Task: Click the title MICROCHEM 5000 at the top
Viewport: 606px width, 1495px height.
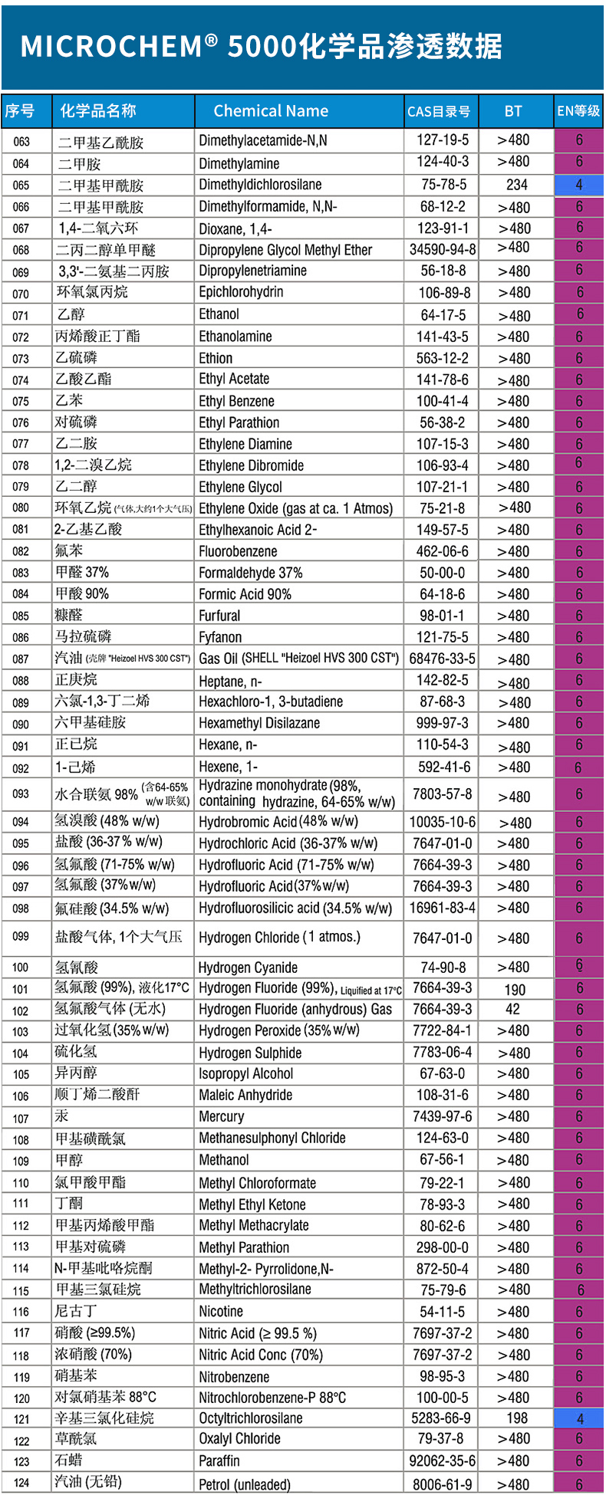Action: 261,47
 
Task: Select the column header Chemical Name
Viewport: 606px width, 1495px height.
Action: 271,111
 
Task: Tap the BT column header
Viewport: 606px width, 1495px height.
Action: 513,111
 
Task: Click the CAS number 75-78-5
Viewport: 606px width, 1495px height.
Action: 443,185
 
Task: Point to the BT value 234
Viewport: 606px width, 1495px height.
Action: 516,185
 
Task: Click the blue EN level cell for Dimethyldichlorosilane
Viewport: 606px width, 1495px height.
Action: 579,185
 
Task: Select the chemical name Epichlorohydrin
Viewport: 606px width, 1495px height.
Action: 241,292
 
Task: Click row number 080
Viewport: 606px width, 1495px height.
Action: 21,508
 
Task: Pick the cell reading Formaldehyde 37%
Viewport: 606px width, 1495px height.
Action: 250,573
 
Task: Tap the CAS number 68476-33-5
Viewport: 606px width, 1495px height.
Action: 442,659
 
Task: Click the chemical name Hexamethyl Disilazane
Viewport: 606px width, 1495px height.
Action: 259,723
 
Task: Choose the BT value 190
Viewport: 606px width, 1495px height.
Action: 515,990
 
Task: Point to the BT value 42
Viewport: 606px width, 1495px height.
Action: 512,1010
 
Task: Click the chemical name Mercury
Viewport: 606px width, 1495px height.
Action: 221,1117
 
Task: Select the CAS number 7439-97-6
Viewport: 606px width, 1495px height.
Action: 442,1117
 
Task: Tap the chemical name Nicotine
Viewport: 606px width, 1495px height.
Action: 221,1312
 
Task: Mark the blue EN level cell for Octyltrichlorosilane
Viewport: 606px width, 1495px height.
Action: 579,1419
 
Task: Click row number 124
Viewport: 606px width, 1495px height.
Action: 21,1483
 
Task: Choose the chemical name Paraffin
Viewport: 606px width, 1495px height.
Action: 219,1461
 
